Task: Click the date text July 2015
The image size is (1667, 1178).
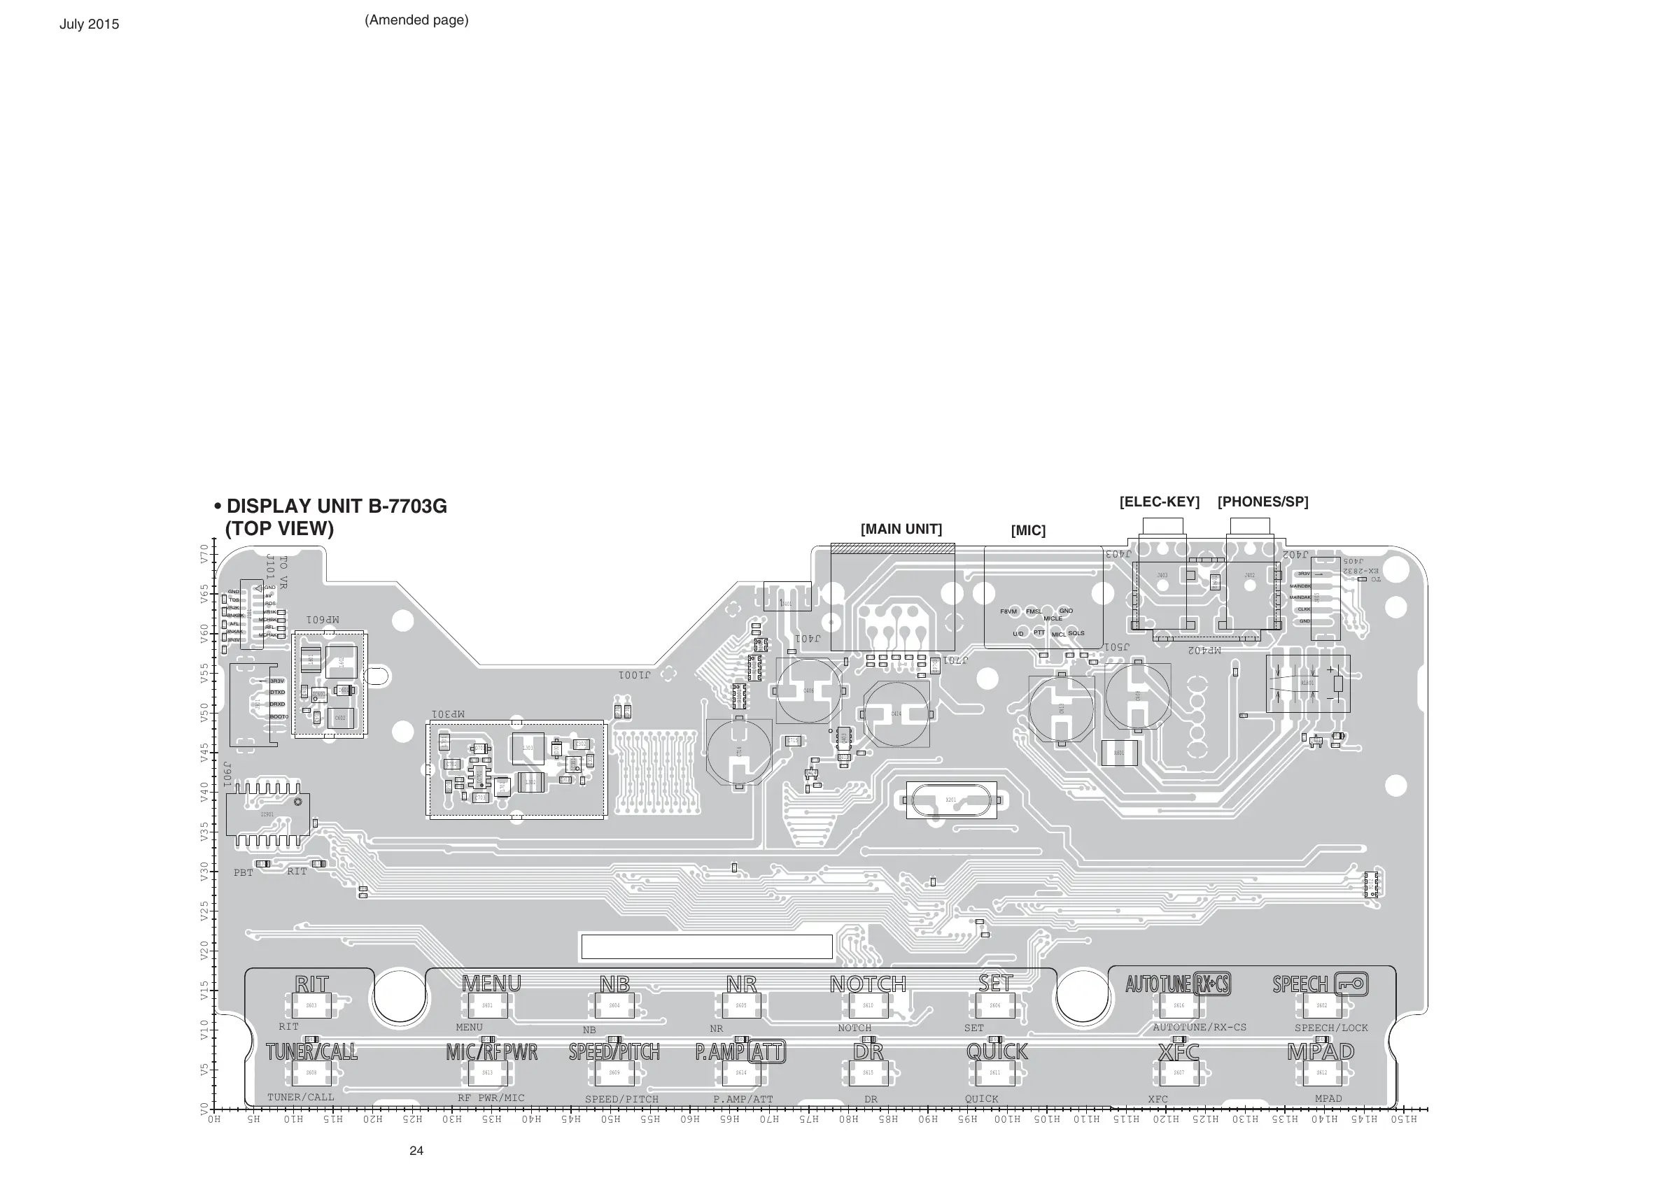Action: tap(90, 24)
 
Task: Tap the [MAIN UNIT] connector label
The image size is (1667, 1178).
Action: tap(901, 529)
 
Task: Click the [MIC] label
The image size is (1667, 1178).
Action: tap(1028, 530)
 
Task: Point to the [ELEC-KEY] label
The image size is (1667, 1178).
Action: tap(1159, 502)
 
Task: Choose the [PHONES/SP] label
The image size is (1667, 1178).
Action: tap(1262, 502)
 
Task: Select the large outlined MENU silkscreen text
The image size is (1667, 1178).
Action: tap(491, 984)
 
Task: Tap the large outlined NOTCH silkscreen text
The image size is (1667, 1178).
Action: tap(868, 984)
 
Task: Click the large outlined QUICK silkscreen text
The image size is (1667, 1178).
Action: tap(997, 1051)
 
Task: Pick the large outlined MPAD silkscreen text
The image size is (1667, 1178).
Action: tap(1321, 1051)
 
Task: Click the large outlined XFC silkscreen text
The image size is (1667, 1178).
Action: tap(1179, 1051)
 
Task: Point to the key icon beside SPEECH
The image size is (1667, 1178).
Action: tap(1351, 984)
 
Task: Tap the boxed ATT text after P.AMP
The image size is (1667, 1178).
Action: tap(767, 1051)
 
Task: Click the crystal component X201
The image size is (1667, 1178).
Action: tap(950, 800)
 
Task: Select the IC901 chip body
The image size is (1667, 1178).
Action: tap(267, 814)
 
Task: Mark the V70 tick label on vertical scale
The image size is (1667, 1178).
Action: tap(204, 555)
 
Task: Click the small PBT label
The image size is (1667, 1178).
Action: tap(244, 872)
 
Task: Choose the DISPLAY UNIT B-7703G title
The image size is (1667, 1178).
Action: tap(336, 506)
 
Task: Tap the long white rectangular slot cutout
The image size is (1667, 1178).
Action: tap(706, 947)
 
